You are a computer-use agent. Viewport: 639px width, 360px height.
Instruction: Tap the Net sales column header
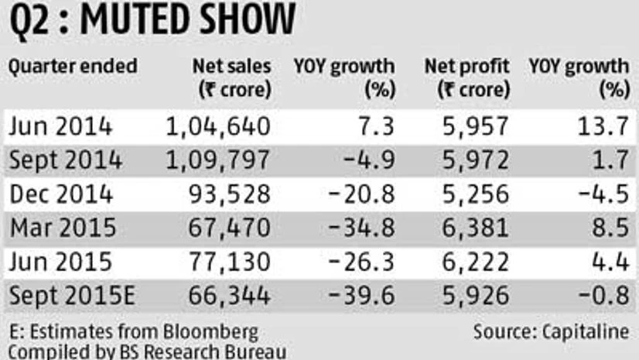pyautogui.click(x=231, y=77)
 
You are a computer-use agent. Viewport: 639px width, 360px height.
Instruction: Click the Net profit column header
pyautogui.click(x=467, y=77)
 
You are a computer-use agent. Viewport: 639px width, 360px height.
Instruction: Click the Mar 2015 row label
pyautogui.click(x=63, y=228)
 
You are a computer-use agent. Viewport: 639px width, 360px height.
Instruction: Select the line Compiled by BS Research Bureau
pyautogui.click(x=147, y=351)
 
